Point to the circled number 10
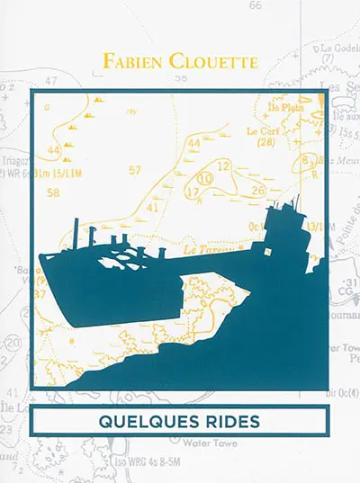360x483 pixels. tap(206, 179)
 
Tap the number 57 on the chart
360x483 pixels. tap(135, 170)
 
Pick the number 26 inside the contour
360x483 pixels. tap(257, 190)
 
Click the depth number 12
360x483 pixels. tap(224, 165)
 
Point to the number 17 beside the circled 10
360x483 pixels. tap(191, 192)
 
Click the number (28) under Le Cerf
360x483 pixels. tap(265, 142)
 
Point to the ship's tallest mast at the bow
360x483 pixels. tap(76, 232)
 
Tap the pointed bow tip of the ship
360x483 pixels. tap(41, 259)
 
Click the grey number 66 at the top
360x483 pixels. tap(256, 5)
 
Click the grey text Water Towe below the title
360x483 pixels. tap(211, 443)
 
